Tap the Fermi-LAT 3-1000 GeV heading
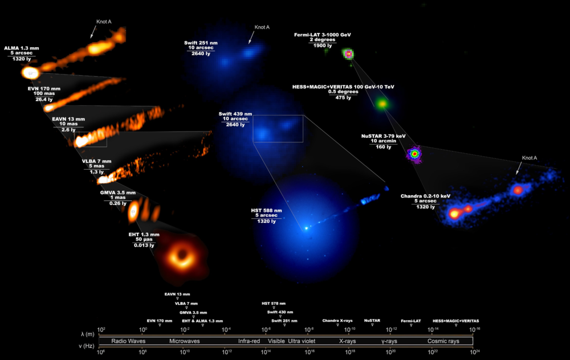(x=323, y=35)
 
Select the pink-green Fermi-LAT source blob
(x=348, y=54)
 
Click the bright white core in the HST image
(x=306, y=228)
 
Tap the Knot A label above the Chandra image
(x=530, y=158)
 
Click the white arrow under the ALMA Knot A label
(x=92, y=33)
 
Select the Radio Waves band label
(x=128, y=341)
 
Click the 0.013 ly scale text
(x=143, y=245)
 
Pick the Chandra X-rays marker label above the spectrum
(x=337, y=321)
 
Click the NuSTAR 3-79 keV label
(x=383, y=136)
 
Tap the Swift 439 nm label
(x=235, y=114)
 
